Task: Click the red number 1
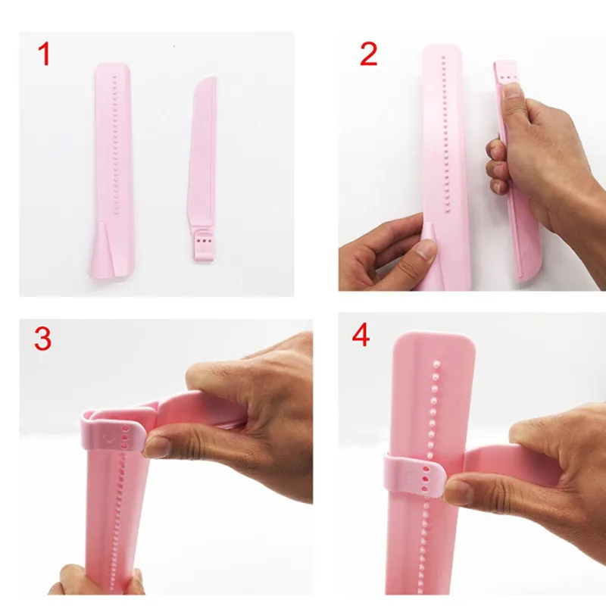45,54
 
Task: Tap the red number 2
368,54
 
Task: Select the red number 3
43,339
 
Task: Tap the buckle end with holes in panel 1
201,242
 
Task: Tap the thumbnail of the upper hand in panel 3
158,447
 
